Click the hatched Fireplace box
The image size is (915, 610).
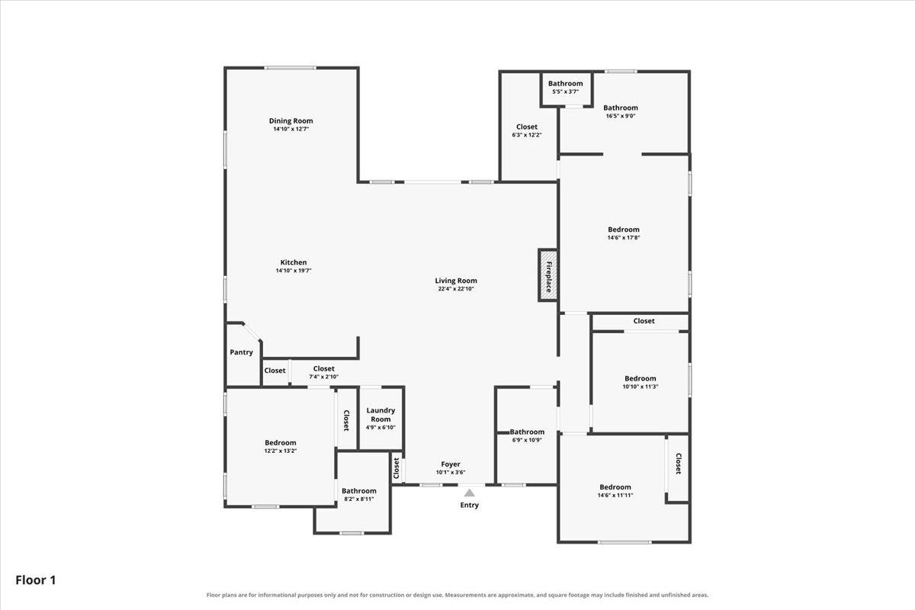(548, 275)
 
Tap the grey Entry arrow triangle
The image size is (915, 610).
(470, 493)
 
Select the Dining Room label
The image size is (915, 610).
(291, 121)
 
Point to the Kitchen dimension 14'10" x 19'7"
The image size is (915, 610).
(294, 271)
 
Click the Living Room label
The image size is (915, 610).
(456, 281)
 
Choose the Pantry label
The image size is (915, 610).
(242, 352)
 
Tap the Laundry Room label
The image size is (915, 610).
(380, 415)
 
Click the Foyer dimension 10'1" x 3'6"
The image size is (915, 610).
(451, 472)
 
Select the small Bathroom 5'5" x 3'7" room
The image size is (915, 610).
(567, 88)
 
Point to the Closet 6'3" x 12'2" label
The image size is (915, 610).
(527, 127)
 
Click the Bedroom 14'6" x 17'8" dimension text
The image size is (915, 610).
(624, 237)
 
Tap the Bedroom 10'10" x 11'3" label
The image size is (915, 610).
(640, 379)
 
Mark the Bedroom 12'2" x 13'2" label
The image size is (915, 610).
(281, 443)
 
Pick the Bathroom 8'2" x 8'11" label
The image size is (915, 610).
(359, 491)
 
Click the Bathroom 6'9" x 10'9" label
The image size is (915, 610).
(527, 432)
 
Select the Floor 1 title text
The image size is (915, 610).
(36, 580)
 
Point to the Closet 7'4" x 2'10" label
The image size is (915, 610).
(324, 369)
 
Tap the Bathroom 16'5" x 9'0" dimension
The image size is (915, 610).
(621, 116)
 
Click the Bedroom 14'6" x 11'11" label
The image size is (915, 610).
(615, 487)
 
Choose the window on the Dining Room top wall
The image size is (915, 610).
(290, 68)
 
